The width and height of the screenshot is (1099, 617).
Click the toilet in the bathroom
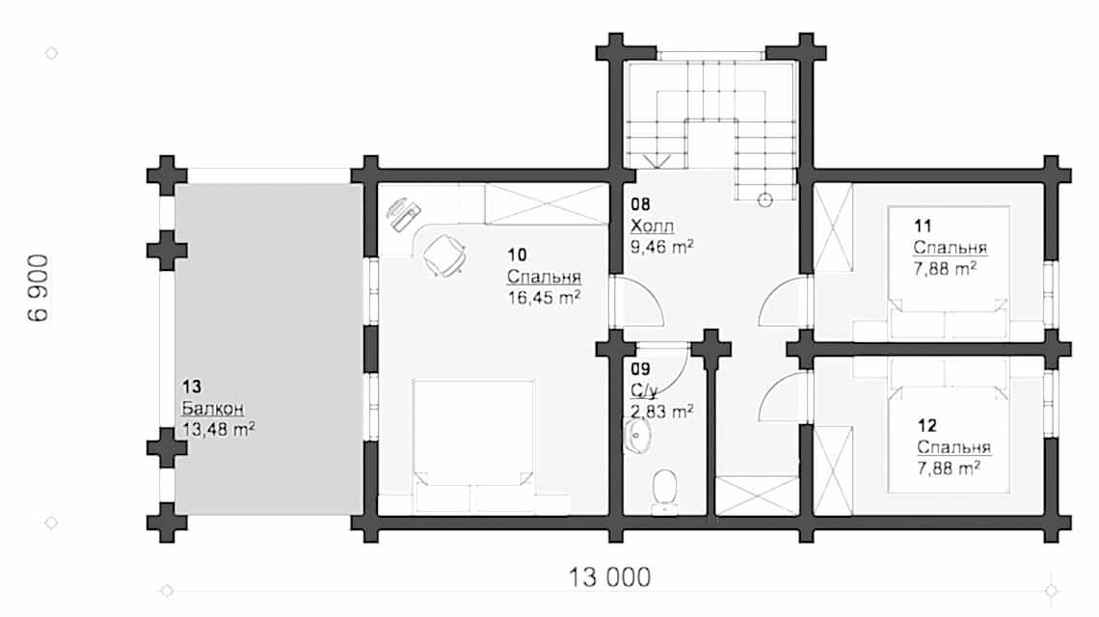coord(663,487)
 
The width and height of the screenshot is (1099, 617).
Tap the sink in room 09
coord(637,439)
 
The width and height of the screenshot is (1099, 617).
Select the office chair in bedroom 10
coord(444,253)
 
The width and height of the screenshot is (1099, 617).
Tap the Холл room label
coord(653,226)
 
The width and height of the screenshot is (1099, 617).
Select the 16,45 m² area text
coord(544,298)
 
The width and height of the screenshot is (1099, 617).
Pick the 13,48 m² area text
coord(218,428)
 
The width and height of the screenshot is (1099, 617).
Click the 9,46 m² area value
coord(662,246)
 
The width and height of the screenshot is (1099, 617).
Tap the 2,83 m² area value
coord(661,412)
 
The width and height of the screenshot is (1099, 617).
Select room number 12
coord(926,425)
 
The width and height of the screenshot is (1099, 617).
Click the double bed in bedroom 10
coord(473,443)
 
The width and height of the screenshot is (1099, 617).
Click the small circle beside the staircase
coord(765,201)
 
